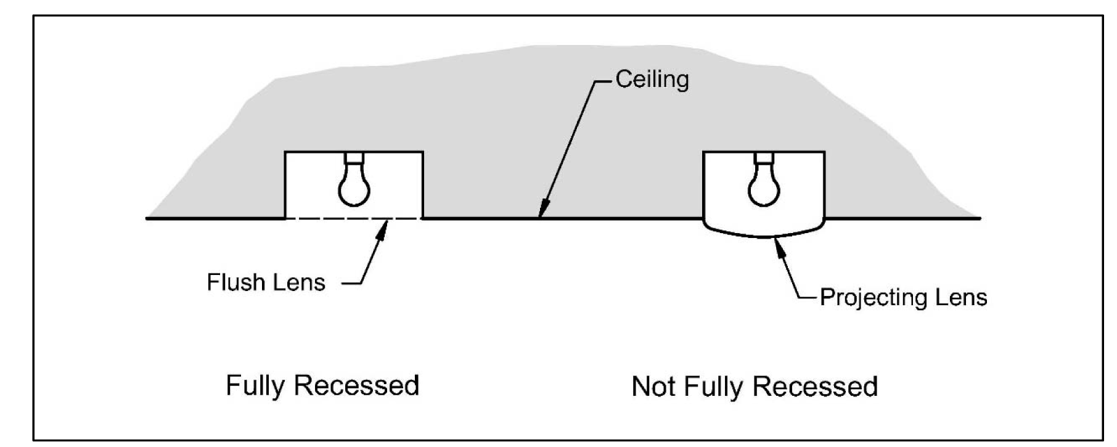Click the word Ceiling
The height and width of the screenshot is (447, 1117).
click(x=652, y=80)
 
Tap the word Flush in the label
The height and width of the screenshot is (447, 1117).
click(x=231, y=282)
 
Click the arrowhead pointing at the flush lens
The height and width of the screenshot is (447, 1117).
click(x=383, y=229)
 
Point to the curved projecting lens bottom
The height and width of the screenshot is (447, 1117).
click(x=764, y=236)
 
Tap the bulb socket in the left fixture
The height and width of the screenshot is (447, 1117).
click(x=354, y=158)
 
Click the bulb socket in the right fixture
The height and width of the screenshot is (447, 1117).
click(x=764, y=158)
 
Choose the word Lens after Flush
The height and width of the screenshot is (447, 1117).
click(x=301, y=282)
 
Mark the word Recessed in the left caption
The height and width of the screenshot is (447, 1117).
click(x=356, y=386)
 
